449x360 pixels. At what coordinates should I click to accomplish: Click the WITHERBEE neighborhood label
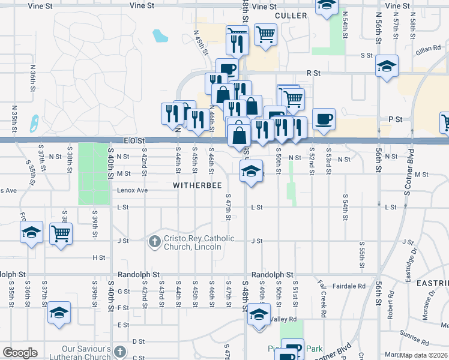tap(198, 186)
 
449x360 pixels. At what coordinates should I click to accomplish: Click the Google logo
tap(20, 353)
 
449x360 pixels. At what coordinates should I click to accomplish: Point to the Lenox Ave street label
tap(133, 190)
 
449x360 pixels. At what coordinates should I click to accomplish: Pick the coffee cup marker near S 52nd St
tap(324, 119)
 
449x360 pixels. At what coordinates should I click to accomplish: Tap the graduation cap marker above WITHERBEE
tap(251, 170)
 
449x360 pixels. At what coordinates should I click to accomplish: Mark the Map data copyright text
tap(424, 355)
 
